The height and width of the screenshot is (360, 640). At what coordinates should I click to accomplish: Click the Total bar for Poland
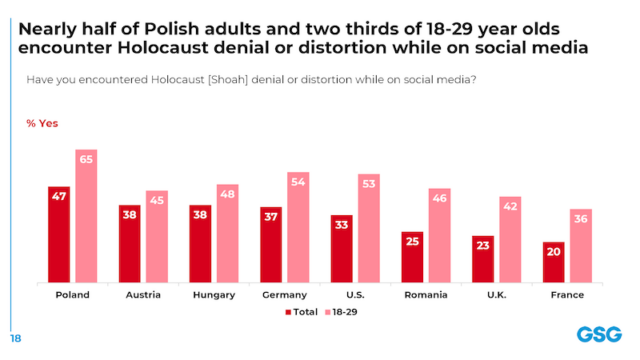click(59, 236)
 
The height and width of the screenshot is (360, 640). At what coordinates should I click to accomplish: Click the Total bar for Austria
click(129, 245)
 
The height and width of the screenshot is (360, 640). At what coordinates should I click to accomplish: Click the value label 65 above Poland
click(86, 159)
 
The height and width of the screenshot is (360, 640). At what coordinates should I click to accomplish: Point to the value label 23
click(483, 245)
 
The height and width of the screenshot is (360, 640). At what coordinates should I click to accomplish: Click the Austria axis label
click(143, 295)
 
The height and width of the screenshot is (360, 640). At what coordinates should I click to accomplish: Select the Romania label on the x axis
click(426, 295)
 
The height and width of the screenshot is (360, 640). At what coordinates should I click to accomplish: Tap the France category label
click(567, 295)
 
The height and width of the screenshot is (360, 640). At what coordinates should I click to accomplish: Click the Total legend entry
click(301, 312)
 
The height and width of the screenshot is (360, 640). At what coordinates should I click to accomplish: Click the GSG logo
click(597, 335)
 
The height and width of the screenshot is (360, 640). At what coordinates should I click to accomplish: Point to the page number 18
click(16, 337)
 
